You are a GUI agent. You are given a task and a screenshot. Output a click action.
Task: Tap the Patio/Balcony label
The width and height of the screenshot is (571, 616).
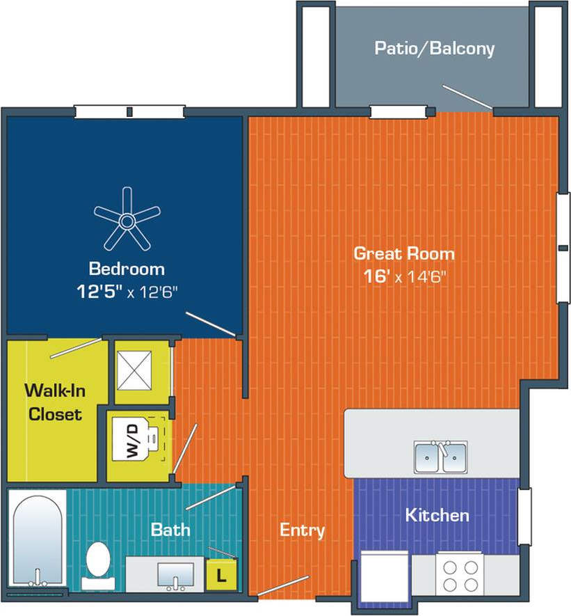pos(434,48)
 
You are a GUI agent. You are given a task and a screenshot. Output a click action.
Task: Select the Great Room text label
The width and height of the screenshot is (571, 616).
pos(403,253)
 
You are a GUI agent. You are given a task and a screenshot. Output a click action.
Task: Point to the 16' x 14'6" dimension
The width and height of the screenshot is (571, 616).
pos(403,276)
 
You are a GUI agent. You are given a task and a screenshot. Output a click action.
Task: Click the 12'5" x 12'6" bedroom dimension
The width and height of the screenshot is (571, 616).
pos(128,292)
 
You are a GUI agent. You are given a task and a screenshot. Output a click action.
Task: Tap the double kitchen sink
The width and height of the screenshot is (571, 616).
pos(440,457)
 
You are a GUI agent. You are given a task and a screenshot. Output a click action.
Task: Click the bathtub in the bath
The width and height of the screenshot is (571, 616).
pos(38,539)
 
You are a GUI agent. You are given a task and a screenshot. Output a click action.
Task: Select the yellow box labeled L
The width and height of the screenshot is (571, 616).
pos(222,576)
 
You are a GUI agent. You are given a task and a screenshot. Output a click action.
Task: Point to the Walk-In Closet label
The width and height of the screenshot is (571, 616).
pos(53,402)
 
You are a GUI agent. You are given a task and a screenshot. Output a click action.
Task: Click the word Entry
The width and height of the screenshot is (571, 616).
pos(302,530)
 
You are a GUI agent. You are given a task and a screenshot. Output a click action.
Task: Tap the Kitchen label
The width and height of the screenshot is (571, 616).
pos(437,515)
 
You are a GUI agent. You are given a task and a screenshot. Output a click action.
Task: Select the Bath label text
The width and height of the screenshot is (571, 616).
pos(170,529)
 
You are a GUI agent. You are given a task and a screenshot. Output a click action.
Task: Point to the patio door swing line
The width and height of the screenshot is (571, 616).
pos(468,97)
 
